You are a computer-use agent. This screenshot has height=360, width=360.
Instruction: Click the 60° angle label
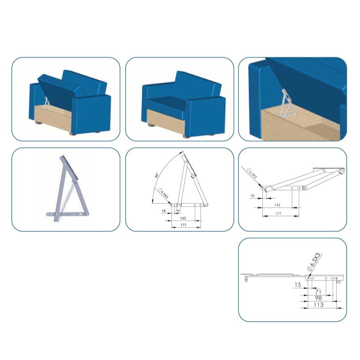coord(157,175)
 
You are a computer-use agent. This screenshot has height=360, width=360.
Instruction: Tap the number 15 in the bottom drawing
coord(298,285)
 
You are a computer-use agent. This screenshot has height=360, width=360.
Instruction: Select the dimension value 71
coord(318,292)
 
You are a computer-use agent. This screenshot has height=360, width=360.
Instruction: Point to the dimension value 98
coord(318,298)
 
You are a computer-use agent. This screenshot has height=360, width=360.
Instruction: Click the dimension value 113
coord(319,305)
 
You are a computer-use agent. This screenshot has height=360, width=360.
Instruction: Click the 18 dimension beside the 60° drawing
coord(163,211)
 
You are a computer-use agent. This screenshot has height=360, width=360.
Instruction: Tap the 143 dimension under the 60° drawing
coord(183,218)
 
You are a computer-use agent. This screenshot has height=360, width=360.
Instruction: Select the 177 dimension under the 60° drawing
coord(183,225)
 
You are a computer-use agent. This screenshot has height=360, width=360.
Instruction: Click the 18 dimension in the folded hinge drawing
coord(252,195)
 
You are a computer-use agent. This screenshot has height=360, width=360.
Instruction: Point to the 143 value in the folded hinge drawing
coord(277,205)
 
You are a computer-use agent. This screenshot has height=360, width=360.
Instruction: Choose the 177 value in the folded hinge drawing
coord(278,213)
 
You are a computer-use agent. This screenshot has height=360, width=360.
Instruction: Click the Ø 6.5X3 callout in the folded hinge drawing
coord(252,173)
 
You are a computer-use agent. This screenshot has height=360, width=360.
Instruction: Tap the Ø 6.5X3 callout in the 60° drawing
coord(163,193)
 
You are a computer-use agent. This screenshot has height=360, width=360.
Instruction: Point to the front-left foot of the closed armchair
coord(151,126)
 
